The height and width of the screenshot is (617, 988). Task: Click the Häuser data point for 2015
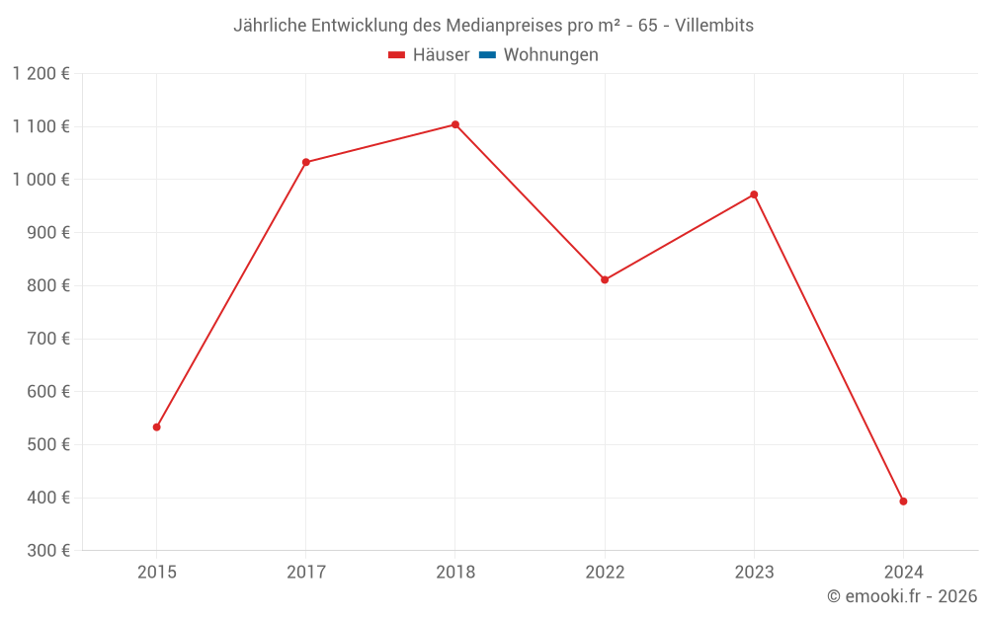point(156,427)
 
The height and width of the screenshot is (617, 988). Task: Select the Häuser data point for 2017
point(306,162)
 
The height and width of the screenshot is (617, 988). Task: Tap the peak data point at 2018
point(455,124)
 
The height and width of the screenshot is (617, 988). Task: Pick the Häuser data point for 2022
point(605,279)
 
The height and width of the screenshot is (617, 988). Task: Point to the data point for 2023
point(754,194)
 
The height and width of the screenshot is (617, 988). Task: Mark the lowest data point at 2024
point(903,501)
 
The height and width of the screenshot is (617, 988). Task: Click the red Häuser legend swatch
point(397,55)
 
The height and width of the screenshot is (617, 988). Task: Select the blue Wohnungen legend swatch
point(487,55)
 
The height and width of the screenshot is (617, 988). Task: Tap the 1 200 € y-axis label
point(41,73)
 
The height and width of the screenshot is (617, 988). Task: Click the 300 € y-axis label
point(46,551)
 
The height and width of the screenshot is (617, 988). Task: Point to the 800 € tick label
point(46,285)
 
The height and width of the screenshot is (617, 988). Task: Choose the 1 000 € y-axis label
point(41,180)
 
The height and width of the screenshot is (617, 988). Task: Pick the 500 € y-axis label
point(46,444)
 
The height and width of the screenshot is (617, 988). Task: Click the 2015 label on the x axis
point(156,572)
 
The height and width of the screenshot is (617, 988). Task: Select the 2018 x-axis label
point(455,572)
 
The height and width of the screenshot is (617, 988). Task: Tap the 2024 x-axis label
point(903,572)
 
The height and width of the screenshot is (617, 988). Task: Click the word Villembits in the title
point(714,26)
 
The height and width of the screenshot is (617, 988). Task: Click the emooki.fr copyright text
point(902,596)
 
